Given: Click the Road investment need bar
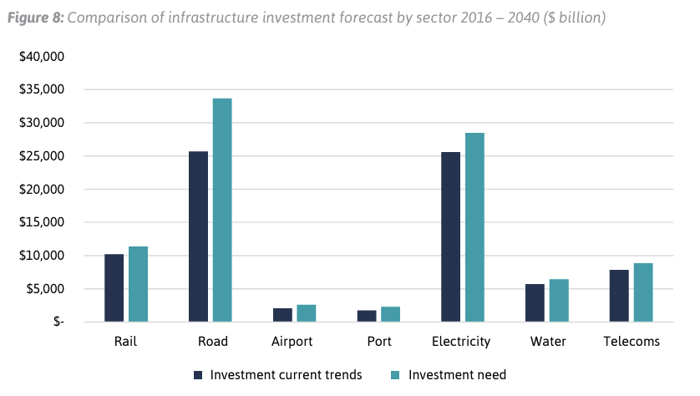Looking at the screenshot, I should tap(222, 210).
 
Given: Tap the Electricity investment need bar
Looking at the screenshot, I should tap(474, 227).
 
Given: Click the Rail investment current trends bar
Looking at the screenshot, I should tap(114, 287).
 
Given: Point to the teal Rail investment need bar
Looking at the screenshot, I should tap(138, 284).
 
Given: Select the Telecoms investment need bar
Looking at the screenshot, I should tap(643, 292).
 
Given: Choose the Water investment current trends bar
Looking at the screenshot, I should tap(535, 302).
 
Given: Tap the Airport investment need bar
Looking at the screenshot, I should tap(307, 313).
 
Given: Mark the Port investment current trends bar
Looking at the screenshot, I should tap(367, 316).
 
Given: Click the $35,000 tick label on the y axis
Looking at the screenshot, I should tap(43, 89).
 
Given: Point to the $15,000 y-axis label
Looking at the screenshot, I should tap(43, 222).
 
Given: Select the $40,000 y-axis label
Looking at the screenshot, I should tap(43, 57).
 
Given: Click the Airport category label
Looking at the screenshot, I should tap(294, 342).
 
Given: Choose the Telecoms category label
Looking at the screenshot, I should tap(632, 342).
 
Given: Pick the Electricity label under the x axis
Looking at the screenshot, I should tap(462, 342).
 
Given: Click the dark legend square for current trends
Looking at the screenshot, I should tap(198, 375).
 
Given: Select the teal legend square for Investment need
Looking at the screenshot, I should tap(395, 375).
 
